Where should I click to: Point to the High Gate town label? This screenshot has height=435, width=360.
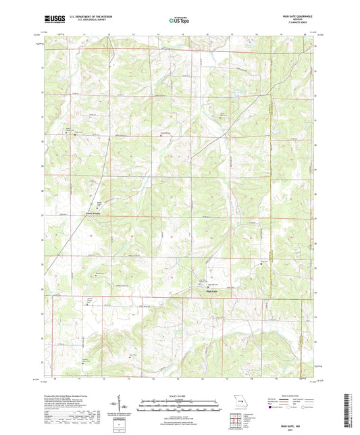tap(211, 292)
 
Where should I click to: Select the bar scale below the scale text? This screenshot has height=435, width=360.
tap(179, 407)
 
